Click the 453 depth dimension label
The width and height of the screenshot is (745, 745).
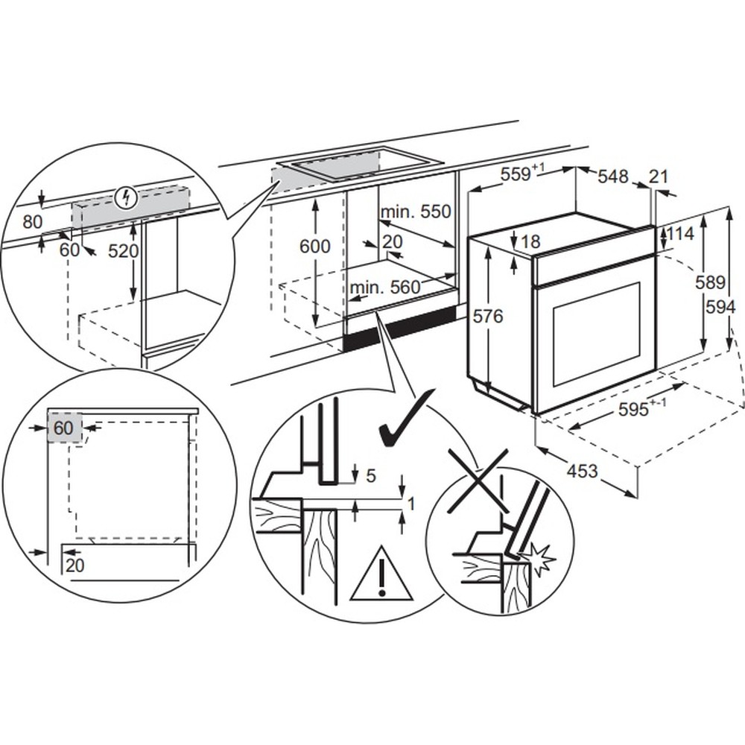click(x=582, y=471)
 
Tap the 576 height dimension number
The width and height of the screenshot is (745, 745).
click(x=489, y=317)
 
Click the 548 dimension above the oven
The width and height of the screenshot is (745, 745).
click(x=613, y=177)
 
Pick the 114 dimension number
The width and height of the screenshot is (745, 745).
click(x=679, y=233)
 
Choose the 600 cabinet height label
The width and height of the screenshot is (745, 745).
click(x=314, y=247)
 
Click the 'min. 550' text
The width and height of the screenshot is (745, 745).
click(x=416, y=212)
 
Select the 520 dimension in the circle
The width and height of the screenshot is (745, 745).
click(x=123, y=251)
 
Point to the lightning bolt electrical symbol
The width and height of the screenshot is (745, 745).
click(x=129, y=197)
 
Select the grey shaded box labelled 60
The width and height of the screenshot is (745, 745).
click(x=64, y=428)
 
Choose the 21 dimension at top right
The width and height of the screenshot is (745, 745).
click(x=659, y=177)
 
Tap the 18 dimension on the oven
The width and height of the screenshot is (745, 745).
click(x=530, y=241)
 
